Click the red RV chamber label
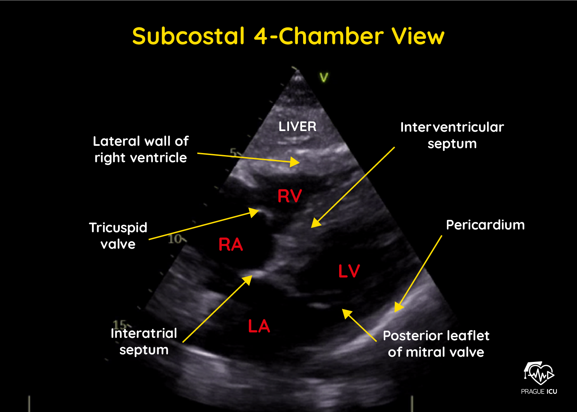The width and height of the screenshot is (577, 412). pos(289,196)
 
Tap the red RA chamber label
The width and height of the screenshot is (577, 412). pos(231,245)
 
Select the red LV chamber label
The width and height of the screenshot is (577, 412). pos(349,271)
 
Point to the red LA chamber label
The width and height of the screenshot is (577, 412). pos(259,326)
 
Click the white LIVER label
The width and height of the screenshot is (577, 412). pos(297,127)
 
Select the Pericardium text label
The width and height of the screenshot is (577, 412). pos(485,225)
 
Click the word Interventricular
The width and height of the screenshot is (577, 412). pos(452,127)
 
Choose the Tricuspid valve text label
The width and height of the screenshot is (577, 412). pos(118,236)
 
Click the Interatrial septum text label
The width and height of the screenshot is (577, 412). pos(144,341)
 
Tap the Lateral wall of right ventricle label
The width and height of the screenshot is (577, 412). pos(141,149)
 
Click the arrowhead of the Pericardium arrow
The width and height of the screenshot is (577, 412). pos(398,307)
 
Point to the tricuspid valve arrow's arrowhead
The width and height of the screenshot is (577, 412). pos(254,212)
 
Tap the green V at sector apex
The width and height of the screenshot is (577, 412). pos(324,77)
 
